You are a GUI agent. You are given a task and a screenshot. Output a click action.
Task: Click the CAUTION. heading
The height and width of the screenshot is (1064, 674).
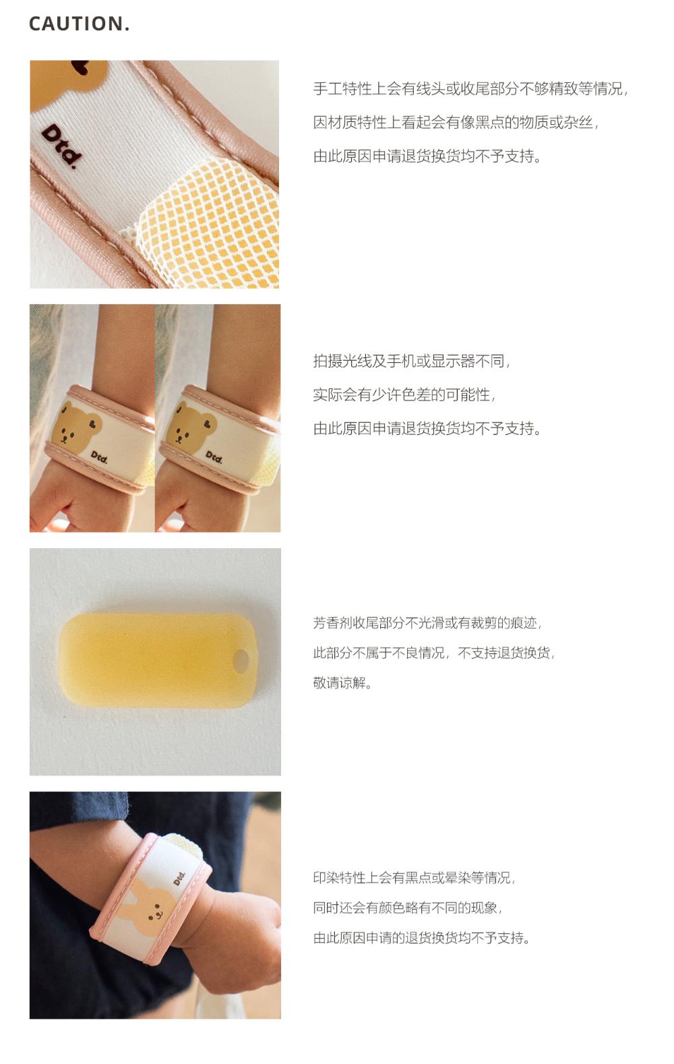pyautogui.click(x=80, y=24)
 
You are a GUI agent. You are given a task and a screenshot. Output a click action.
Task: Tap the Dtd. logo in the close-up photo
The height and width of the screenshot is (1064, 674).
pyautogui.click(x=61, y=146)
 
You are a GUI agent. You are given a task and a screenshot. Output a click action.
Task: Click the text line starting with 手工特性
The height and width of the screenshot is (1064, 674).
pyautogui.click(x=470, y=89)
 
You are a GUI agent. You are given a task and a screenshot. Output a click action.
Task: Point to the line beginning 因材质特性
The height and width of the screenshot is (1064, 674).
pyautogui.click(x=456, y=123)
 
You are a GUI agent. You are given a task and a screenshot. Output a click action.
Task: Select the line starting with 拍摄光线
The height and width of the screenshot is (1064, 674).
pyautogui.click(x=412, y=361)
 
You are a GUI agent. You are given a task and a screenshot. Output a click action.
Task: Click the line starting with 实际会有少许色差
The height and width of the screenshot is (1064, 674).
pyautogui.click(x=404, y=394)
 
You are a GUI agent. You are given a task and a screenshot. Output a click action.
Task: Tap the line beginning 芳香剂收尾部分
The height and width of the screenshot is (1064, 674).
pyautogui.click(x=427, y=622)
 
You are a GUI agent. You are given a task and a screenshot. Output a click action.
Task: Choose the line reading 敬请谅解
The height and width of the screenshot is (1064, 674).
pyautogui.click(x=342, y=683)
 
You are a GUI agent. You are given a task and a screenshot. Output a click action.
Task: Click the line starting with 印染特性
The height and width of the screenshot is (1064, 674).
pyautogui.click(x=414, y=877)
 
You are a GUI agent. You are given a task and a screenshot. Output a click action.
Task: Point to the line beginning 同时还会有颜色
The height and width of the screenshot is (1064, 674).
pyautogui.click(x=407, y=908)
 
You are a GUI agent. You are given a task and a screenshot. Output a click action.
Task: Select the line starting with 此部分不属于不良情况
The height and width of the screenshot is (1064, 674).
pyautogui.click(x=434, y=653)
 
